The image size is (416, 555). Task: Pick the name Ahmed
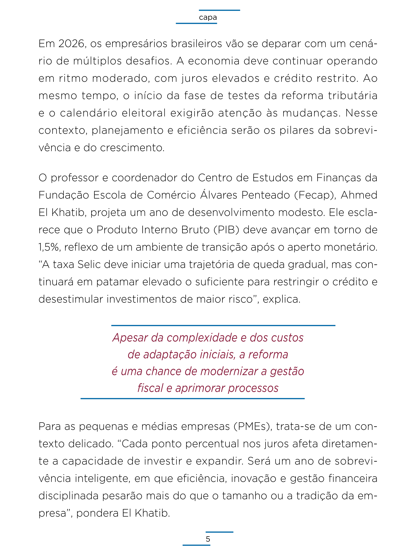[359, 195]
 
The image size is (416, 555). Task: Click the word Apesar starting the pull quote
[130, 338]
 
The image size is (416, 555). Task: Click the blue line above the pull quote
[223, 325]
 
